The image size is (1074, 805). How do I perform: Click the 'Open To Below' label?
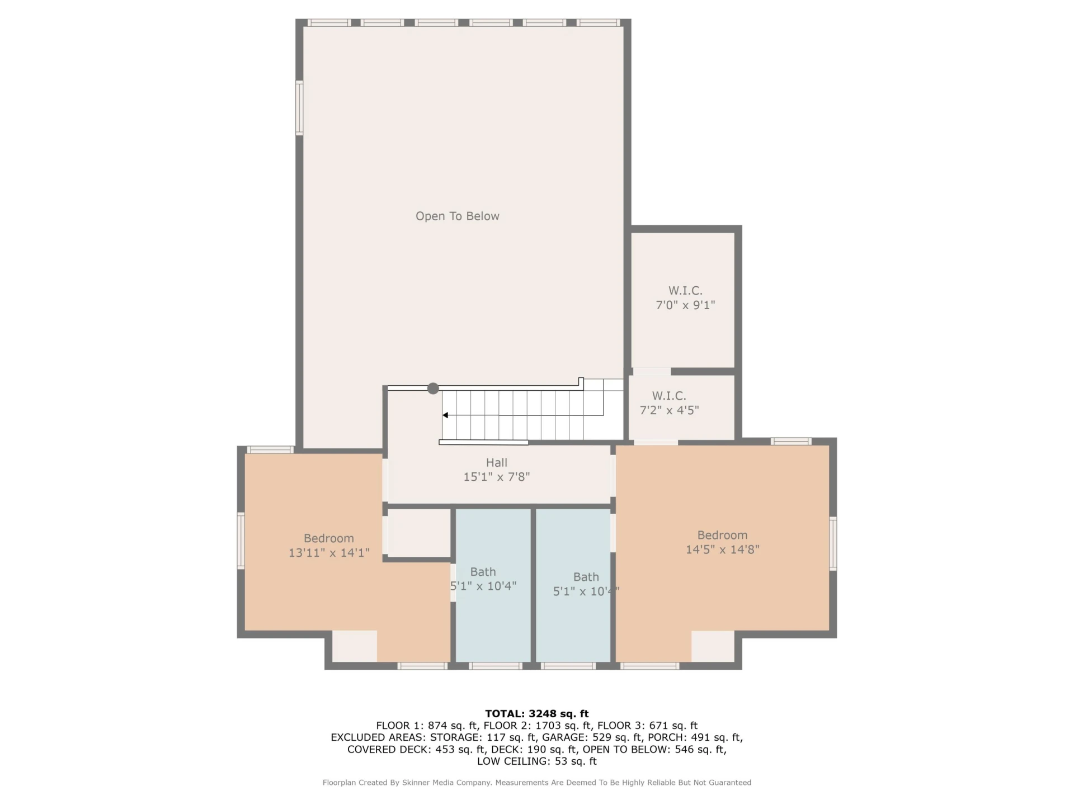coord(457,216)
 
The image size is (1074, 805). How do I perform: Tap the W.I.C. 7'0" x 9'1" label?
coord(685,297)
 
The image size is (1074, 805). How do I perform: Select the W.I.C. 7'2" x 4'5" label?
coord(669,402)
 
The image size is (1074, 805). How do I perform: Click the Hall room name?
coord(497,462)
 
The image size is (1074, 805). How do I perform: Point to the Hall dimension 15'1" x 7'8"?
coord(497,477)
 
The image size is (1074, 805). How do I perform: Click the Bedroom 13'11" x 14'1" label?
coord(329,545)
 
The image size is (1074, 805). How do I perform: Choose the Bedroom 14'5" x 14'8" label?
coord(722,542)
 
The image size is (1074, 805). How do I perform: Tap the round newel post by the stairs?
coord(433,388)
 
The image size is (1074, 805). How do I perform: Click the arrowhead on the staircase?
coord(445,415)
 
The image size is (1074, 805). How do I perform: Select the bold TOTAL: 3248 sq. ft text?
coord(537,713)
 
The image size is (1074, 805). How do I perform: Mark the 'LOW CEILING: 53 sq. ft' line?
coord(537,761)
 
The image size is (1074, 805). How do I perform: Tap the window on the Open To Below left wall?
coord(299,108)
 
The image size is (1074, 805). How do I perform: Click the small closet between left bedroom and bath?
coord(419,533)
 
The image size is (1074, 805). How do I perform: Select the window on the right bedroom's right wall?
coord(833,543)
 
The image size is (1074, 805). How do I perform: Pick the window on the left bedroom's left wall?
coord(241,541)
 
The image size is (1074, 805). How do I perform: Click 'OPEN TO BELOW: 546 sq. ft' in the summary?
coord(654,750)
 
